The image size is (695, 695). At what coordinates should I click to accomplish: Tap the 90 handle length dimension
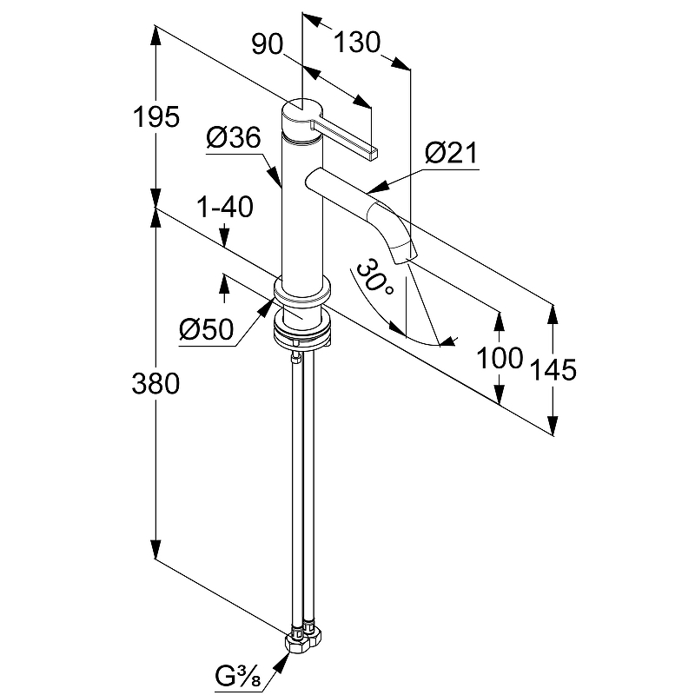coord(268,44)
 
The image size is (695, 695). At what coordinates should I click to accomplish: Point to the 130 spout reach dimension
coord(356,41)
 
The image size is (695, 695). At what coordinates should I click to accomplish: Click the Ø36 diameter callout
coord(234,137)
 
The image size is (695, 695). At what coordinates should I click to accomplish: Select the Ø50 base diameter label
coord(206,330)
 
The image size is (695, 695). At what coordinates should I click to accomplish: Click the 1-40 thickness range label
coord(224,208)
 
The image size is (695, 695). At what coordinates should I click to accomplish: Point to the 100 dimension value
coord(500,356)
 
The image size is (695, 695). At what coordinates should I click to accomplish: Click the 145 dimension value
coord(553,369)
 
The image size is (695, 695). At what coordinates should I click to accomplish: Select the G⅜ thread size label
coord(242,673)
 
